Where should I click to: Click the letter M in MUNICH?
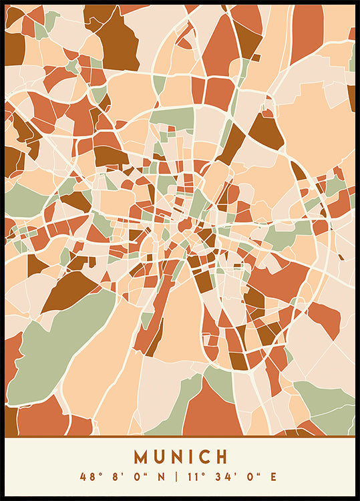[141, 457]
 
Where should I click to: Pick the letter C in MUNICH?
[203, 457]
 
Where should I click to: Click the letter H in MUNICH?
[221, 457]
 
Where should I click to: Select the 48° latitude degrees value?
[88, 477]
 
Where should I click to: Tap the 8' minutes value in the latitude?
[112, 477]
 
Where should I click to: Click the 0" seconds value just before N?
[132, 477]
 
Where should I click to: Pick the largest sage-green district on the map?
[60, 354]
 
